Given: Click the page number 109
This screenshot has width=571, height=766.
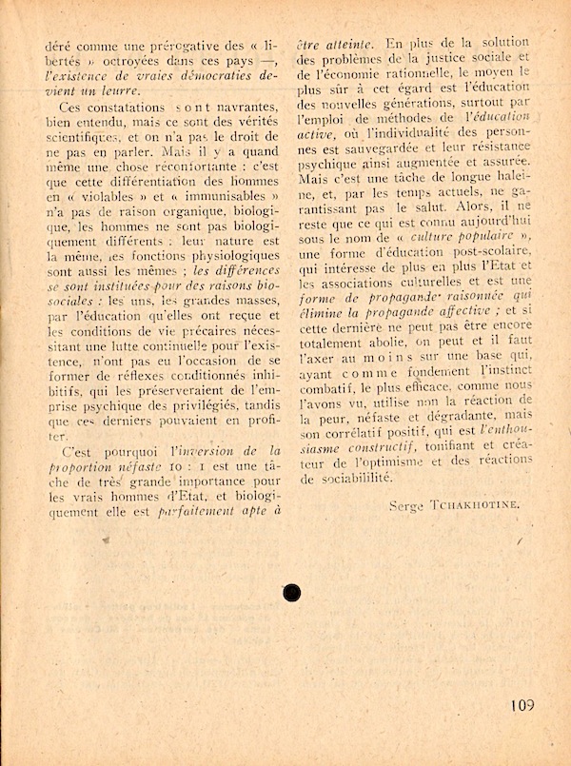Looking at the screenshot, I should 522,705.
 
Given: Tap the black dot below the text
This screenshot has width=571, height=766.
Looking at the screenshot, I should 292,593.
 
